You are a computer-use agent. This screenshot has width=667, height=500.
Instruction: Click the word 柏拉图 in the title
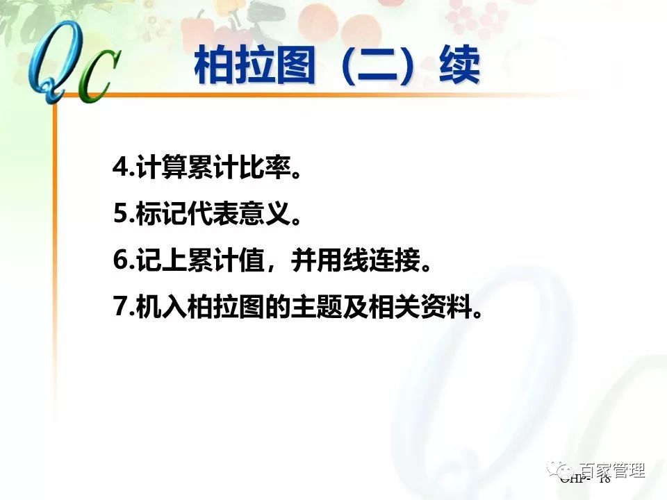tap(254, 67)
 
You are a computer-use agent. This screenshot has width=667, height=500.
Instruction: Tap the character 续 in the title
tap(460, 67)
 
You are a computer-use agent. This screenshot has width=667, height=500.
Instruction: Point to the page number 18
tap(603, 479)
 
